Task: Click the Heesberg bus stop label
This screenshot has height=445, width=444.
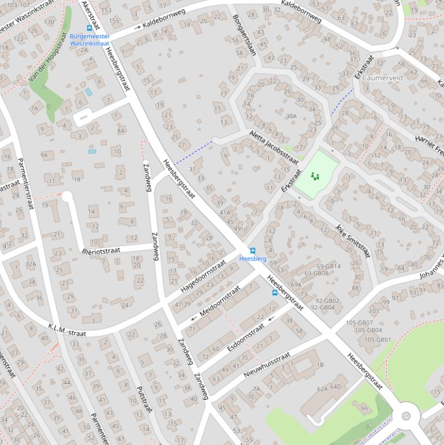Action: pos(252,259)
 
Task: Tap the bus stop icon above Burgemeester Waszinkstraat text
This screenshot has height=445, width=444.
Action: pos(89,28)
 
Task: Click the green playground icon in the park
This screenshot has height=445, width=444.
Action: pos(315,176)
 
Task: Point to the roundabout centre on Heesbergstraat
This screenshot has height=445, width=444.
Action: pos(406,416)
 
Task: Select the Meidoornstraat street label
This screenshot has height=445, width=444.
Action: pos(219,302)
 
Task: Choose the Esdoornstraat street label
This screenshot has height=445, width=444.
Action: pos(246,336)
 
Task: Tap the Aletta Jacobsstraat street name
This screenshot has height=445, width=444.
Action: pos(274,147)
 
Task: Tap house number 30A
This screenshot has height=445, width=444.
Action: pos(290,116)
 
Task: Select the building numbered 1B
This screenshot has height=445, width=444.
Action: pos(320,365)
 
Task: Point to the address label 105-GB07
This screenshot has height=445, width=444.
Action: pos(359,322)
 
